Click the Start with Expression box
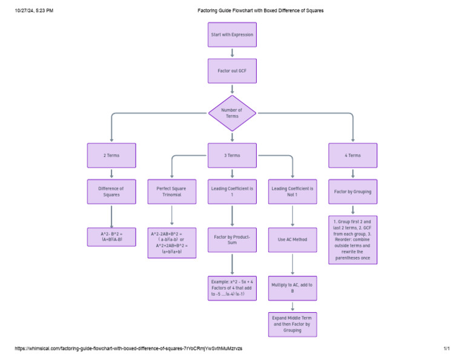[232, 35]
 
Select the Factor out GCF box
[232, 71]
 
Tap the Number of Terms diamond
[232, 113]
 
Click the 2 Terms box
[111, 155]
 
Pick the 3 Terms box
[232, 155]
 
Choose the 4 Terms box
[352, 155]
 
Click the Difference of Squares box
[111, 192]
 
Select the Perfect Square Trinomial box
[172, 192]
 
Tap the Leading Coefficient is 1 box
[232, 192]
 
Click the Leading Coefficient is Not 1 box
[292, 192]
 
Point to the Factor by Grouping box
[352, 192]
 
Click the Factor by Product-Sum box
[232, 239]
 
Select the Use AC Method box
[292, 239]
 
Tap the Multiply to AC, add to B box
[292, 288]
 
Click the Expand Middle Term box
[292, 324]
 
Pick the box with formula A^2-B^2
[111, 236]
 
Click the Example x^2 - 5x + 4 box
[232, 288]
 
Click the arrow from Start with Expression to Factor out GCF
[232, 53]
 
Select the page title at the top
[260, 10]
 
